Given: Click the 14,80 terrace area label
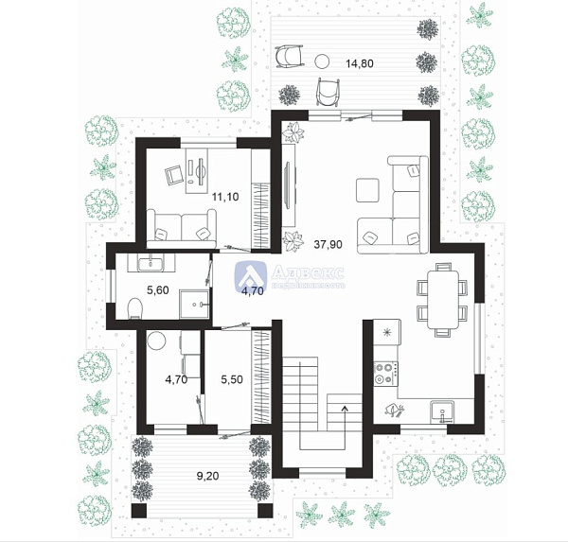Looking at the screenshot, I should point(359,64).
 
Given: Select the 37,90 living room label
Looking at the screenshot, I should point(328,243).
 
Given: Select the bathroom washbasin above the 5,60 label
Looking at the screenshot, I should point(151,263).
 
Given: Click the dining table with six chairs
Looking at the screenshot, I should point(440,299).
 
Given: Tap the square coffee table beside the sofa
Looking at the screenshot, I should point(366,189).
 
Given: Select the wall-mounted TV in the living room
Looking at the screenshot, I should point(287,196).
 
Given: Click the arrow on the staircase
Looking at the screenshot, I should point(344,411).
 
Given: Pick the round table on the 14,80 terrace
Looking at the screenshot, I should point(322,61).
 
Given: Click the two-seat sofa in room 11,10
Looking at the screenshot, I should point(183,228).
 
